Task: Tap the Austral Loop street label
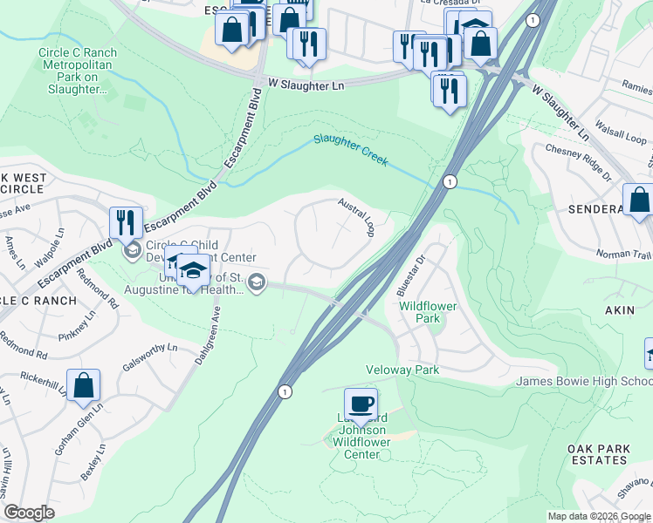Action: point(358,217)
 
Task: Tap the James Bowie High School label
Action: point(583,381)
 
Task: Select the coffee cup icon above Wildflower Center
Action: point(361,404)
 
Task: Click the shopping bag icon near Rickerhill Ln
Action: point(83,385)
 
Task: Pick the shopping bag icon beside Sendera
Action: point(639,200)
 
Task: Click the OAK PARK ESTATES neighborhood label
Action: point(598,455)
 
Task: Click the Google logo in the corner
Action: point(29,513)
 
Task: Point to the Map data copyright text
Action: point(599,516)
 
